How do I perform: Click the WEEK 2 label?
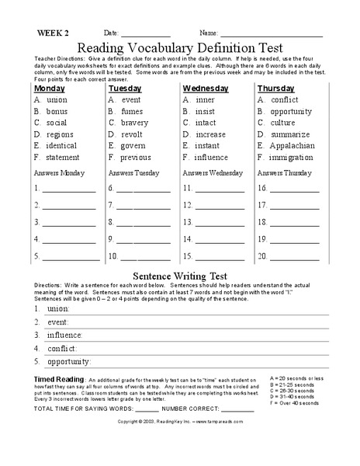coord(52,33)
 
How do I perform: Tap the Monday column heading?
coord(49,89)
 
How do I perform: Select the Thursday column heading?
coord(277,89)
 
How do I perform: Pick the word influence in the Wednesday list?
coord(210,157)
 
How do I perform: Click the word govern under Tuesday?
coord(133,145)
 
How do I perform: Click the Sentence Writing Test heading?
coord(179,275)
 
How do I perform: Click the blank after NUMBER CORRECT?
coord(237,409)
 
